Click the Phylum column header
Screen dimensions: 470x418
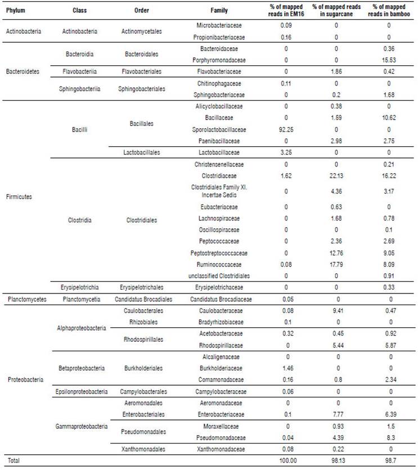pos(16,11)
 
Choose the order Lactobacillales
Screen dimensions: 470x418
pos(142,152)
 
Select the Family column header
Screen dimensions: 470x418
pos(219,11)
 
